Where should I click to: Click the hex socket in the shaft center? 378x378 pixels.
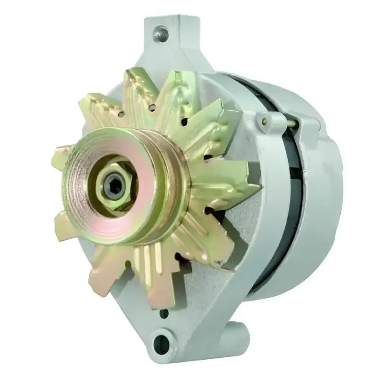(115, 182)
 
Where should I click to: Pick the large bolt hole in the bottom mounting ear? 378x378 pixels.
(163, 341)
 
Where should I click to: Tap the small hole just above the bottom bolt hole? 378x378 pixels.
(164, 313)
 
